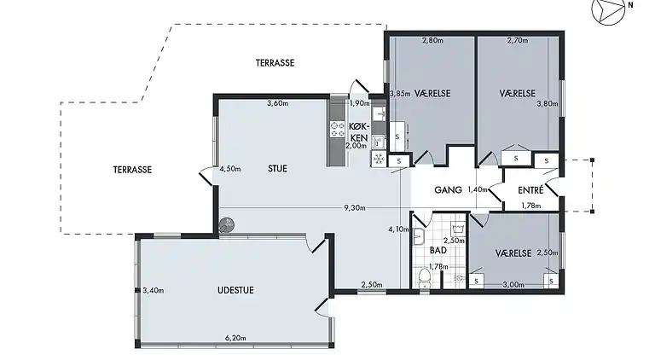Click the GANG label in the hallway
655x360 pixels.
448,189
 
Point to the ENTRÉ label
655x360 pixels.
530,189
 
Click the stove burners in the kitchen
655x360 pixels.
337,129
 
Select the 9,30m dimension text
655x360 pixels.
356,207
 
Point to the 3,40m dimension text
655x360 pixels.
154,291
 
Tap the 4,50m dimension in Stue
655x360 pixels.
229,169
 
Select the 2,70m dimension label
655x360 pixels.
518,40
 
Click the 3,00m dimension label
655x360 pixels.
513,285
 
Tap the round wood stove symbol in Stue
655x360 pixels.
226,225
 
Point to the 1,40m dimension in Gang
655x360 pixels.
478,189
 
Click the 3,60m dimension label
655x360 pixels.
278,104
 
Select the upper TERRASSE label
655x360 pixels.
275,63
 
